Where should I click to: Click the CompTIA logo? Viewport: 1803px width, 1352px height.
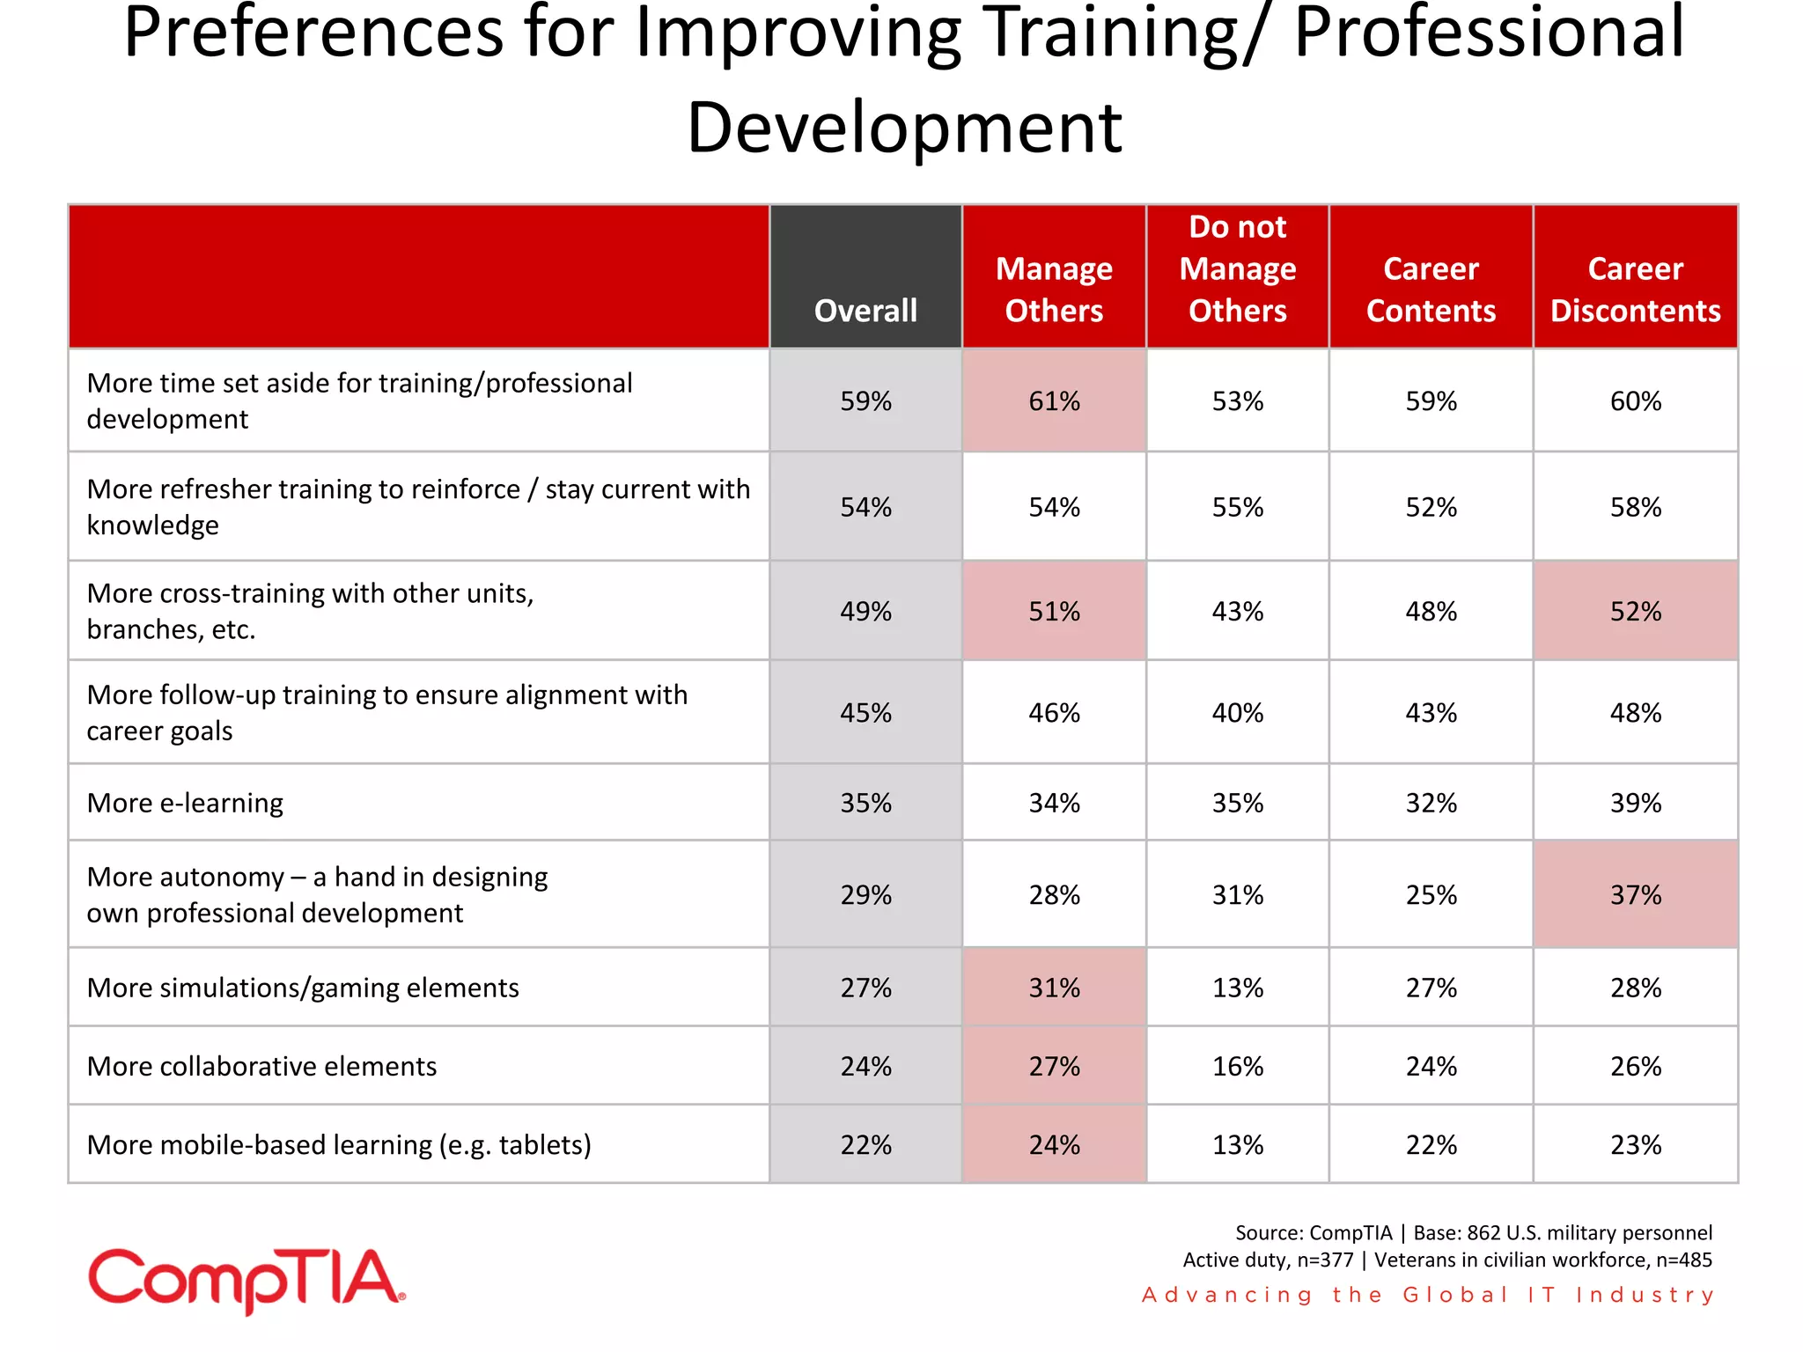tap(247, 1280)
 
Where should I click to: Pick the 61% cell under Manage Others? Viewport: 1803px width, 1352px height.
tap(1054, 401)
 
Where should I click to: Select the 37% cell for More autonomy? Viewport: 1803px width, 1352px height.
tap(1635, 895)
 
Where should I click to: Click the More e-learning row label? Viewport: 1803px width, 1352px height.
tap(185, 803)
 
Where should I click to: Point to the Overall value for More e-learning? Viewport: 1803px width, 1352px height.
tap(865, 803)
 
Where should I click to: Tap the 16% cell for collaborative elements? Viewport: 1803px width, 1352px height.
tap(1237, 1066)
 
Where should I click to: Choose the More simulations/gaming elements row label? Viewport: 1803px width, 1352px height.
tap(303, 988)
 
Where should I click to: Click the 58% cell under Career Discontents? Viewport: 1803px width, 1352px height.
tap(1635, 507)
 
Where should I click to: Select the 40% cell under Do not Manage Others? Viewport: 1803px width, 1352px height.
tap(1237, 712)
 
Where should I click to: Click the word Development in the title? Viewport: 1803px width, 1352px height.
tap(904, 128)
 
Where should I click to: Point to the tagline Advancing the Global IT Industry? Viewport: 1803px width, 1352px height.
tap(1427, 1295)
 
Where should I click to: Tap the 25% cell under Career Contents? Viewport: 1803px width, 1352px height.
tap(1431, 895)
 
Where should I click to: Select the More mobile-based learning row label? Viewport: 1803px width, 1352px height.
tap(339, 1144)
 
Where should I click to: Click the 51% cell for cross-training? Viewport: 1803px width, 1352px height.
tap(1054, 611)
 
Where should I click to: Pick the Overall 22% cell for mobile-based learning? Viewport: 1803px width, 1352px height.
tap(865, 1144)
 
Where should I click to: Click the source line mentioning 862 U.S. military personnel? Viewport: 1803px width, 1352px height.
tap(1473, 1232)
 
